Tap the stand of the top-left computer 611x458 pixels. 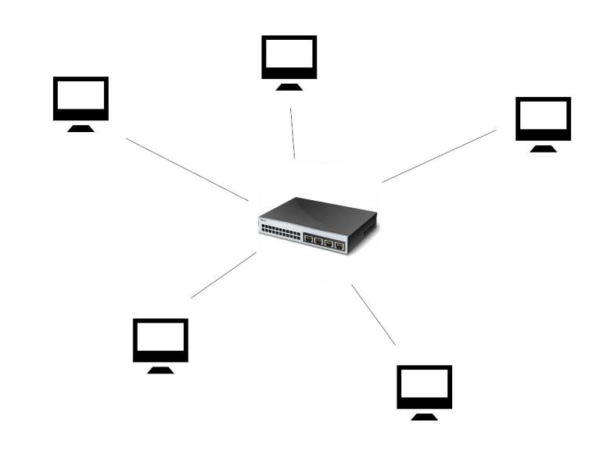[x=81, y=127]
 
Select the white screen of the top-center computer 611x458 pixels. [x=289, y=55]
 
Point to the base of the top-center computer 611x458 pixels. [x=289, y=86]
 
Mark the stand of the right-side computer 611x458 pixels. [x=544, y=148]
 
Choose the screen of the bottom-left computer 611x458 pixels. [x=160, y=338]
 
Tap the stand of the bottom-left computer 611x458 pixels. [x=160, y=369]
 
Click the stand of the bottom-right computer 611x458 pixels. [x=425, y=416]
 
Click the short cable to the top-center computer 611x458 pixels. [x=292, y=133]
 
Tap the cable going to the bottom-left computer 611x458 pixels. [x=223, y=276]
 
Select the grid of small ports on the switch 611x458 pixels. [x=279, y=231]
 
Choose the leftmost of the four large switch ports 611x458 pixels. [x=309, y=239]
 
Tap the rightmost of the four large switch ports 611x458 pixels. [x=340, y=245]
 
